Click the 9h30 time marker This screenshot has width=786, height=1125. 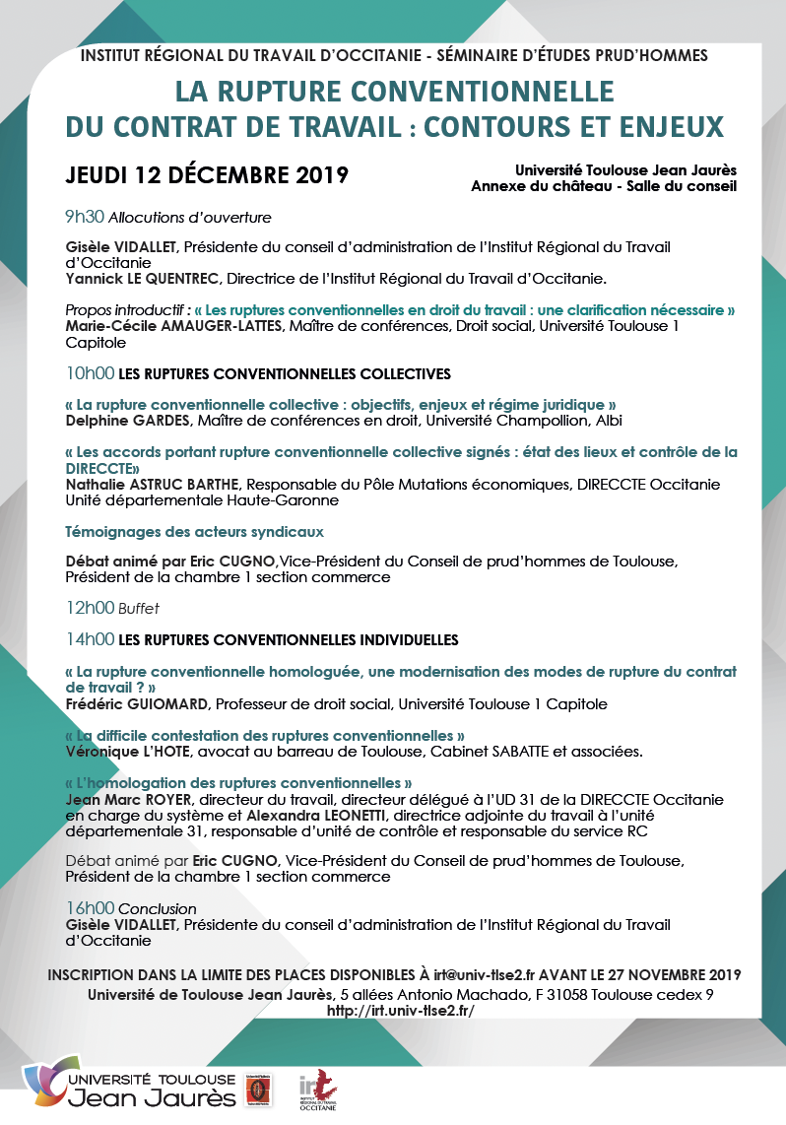tap(84, 217)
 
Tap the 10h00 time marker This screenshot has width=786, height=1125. tap(89, 374)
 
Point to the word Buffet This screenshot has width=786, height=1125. tap(139, 609)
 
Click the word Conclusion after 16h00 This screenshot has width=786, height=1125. tap(158, 908)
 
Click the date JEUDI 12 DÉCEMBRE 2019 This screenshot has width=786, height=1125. tap(207, 176)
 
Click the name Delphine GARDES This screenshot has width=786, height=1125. tap(127, 421)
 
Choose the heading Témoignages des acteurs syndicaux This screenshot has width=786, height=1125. tap(194, 532)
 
